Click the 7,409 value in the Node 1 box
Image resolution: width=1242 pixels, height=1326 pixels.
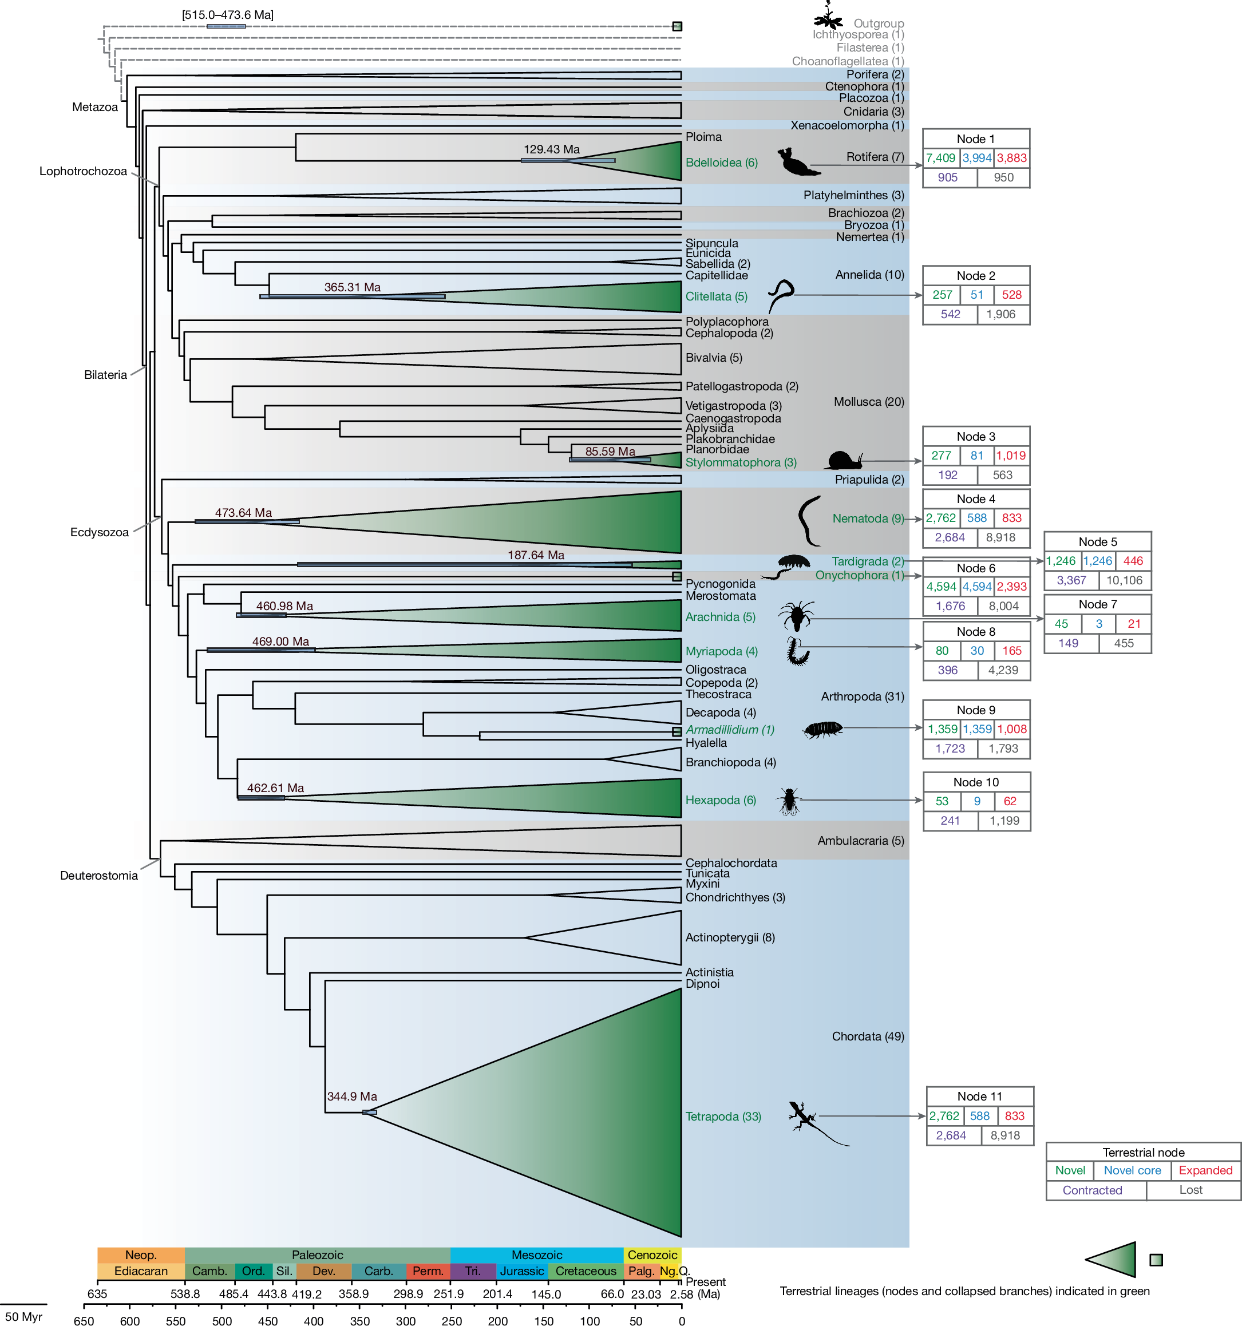pos(940,158)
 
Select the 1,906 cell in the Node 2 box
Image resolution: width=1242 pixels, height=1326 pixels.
pos(1000,314)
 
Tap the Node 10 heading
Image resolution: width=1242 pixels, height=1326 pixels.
pos(976,782)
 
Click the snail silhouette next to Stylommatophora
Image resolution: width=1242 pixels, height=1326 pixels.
pos(844,460)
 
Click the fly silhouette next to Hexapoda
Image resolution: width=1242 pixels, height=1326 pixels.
pos(789,801)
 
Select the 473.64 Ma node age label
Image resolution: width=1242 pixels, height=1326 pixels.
pos(243,512)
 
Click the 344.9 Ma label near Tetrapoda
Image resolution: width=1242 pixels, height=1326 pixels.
pos(351,1096)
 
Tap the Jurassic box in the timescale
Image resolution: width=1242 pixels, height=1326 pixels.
pos(521,1270)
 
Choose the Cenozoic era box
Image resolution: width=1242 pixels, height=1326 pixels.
pos(652,1254)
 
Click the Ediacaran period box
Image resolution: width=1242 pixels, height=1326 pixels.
pos(141,1270)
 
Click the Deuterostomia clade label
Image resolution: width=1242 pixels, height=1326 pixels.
pos(98,875)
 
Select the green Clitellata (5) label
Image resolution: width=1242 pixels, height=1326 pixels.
pos(715,296)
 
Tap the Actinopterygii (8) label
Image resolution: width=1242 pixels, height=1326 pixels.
pos(730,937)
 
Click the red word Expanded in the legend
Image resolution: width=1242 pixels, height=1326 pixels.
pos(1205,1170)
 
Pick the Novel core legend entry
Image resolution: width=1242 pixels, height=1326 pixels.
pos(1132,1170)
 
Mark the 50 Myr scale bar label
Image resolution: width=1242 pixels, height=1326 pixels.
pos(23,1316)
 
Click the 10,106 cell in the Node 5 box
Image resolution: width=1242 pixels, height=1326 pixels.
pos(1124,580)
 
